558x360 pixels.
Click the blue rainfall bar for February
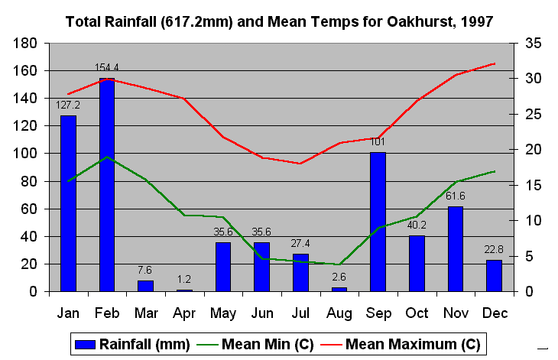click(x=107, y=185)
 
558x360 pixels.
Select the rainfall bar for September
click(x=378, y=222)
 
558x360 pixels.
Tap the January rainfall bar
click(x=68, y=203)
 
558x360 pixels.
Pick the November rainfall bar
click(x=456, y=248)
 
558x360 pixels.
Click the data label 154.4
click(x=107, y=67)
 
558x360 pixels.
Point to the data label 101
click(x=378, y=141)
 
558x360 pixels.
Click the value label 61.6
click(x=456, y=196)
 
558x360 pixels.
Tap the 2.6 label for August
click(x=339, y=277)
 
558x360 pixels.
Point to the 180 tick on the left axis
click(x=28, y=44)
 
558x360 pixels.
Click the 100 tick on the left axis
click(x=28, y=154)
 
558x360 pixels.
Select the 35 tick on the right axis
click(x=534, y=44)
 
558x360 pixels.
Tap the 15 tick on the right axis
click(x=534, y=185)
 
